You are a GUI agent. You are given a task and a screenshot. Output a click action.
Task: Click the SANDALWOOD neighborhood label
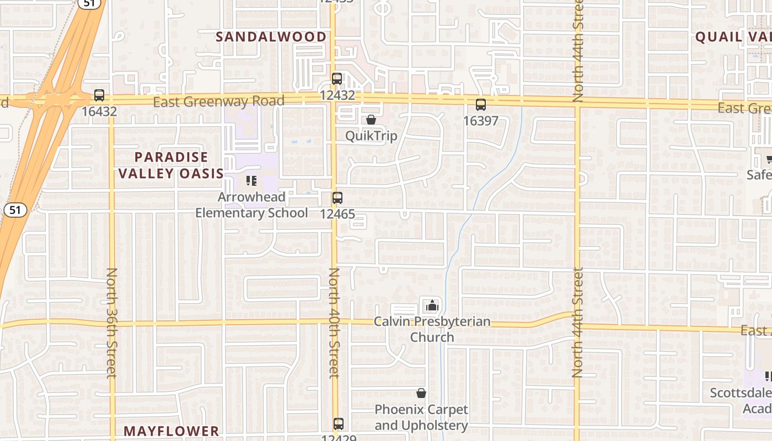(x=271, y=37)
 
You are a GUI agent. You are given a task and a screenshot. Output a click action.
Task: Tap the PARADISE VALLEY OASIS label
(x=171, y=165)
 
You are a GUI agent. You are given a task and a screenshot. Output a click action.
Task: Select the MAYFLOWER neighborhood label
(x=171, y=431)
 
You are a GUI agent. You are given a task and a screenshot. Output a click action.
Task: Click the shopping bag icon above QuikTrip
(x=371, y=120)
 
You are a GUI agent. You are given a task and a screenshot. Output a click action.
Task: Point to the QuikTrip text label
(x=371, y=136)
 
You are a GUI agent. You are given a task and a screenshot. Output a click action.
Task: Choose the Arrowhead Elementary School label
(x=251, y=205)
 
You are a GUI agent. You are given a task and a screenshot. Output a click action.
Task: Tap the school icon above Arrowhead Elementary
(x=251, y=180)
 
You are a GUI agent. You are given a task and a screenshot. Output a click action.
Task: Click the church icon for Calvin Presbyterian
(x=432, y=305)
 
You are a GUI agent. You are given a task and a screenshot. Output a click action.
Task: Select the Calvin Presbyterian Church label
(x=432, y=329)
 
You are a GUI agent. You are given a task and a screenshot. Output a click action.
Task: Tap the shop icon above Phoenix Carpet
(x=421, y=393)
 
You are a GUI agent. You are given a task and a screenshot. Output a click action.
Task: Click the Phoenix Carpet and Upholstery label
(x=421, y=417)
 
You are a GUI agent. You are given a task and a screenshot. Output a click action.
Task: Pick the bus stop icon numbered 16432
(x=99, y=95)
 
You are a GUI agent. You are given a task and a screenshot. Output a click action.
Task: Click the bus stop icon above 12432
(x=337, y=79)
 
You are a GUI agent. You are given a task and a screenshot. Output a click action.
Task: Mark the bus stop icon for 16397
(x=481, y=105)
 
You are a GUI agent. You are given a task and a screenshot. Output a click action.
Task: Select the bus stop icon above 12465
(x=337, y=197)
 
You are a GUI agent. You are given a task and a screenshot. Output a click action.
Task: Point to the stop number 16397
(x=481, y=121)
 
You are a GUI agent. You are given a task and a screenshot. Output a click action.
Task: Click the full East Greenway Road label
(x=218, y=101)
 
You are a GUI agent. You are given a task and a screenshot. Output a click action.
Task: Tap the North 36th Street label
(x=112, y=323)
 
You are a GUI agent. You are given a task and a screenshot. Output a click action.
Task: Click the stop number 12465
(x=337, y=214)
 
